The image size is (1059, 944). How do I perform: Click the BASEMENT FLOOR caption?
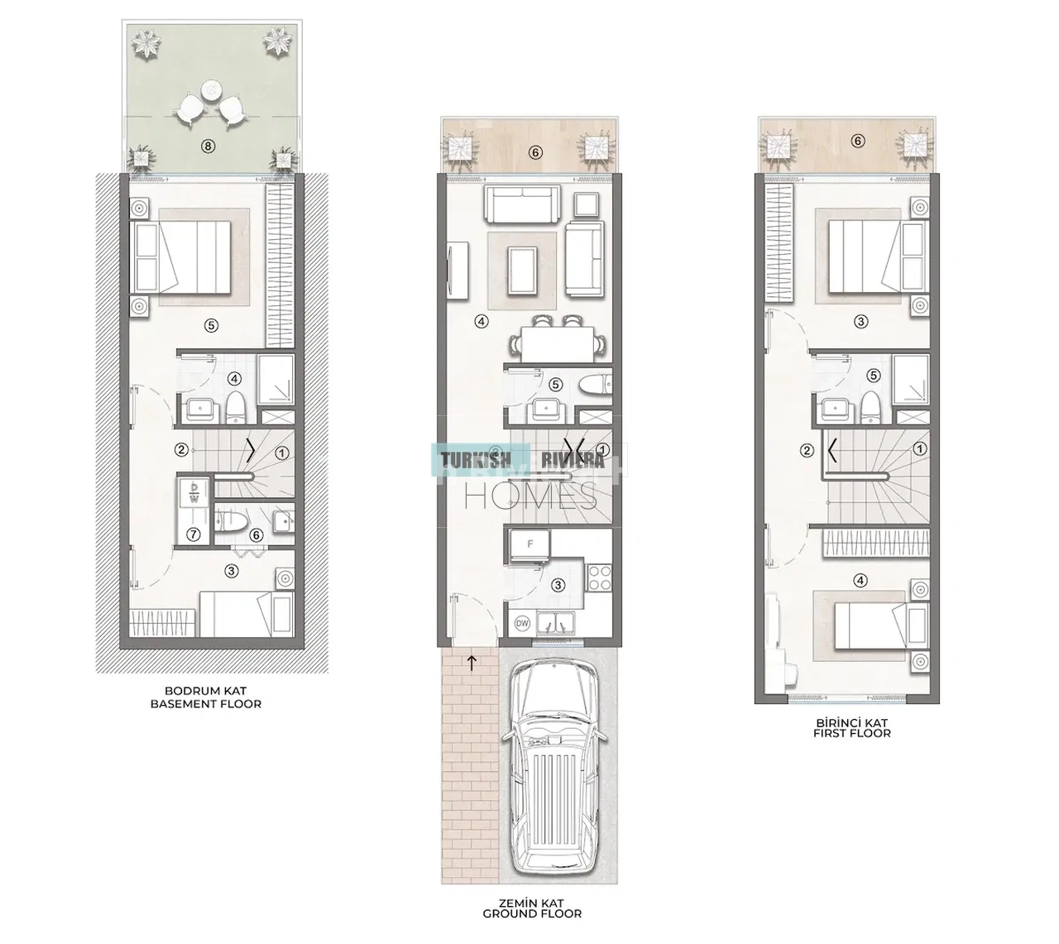coord(206,704)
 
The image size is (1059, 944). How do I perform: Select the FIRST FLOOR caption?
coord(851,733)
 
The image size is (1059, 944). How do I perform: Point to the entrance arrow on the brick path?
coord(472,663)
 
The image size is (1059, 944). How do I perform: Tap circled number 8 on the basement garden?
coord(208,146)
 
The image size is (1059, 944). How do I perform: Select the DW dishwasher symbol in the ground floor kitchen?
coord(522,623)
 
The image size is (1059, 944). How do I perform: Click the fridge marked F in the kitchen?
coord(530,544)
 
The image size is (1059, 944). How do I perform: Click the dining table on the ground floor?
coord(557,343)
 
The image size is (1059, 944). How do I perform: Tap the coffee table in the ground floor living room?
coord(522,271)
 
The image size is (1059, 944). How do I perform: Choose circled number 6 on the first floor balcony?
coord(857,141)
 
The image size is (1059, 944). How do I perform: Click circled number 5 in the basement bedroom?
coord(211,325)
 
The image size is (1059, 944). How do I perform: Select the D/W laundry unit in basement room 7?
coord(194,492)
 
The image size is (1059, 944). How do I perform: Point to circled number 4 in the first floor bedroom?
coord(860,580)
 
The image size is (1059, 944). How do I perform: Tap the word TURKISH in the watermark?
coord(477,460)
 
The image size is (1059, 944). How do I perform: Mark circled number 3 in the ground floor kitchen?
coord(558,585)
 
